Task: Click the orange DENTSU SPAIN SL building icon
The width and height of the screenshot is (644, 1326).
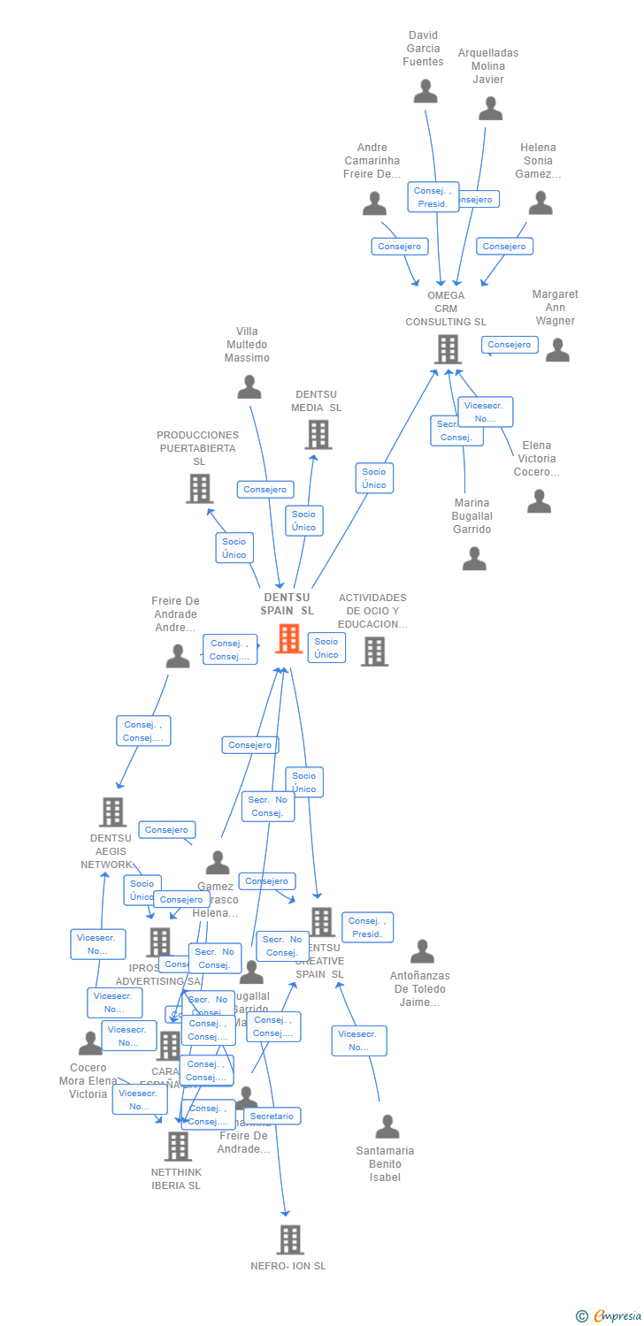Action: tap(289, 638)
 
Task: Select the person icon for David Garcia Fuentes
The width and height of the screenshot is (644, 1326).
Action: tap(425, 92)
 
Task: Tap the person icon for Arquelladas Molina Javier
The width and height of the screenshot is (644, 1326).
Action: tap(490, 109)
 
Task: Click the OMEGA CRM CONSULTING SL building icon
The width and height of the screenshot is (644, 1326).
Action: tap(448, 349)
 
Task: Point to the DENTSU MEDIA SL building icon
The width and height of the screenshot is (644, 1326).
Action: tap(318, 434)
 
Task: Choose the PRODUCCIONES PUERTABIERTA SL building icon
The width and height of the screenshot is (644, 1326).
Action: tap(199, 488)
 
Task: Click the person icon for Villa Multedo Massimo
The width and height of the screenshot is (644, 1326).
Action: tap(249, 387)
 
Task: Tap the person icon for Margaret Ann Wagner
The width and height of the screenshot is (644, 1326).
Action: tap(557, 350)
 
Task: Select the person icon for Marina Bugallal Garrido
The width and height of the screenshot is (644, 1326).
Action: tap(474, 559)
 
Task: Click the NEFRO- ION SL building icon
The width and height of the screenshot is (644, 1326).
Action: tap(289, 1239)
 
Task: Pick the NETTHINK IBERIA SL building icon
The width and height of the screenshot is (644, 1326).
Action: tap(178, 1147)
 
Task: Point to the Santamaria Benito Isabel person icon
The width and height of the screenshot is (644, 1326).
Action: tap(387, 1127)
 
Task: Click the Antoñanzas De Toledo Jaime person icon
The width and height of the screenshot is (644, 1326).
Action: tap(422, 952)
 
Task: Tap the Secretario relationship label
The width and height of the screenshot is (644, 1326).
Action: tap(272, 1116)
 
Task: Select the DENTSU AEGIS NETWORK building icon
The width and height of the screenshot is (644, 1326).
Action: tap(112, 812)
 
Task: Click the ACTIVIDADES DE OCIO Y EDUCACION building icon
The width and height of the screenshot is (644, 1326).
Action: tap(374, 652)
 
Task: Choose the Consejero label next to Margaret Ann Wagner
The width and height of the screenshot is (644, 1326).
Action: tap(510, 345)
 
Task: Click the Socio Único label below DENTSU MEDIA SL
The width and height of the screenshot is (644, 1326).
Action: tap(303, 521)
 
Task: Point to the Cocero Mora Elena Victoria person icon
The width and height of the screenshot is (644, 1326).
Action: tap(90, 1044)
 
